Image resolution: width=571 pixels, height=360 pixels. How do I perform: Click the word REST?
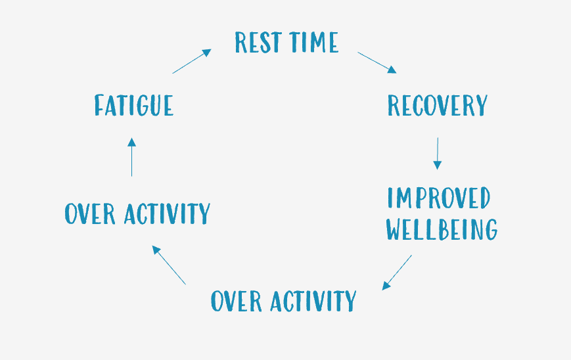coord(258,42)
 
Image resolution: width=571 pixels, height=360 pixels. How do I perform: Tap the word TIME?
coord(314,42)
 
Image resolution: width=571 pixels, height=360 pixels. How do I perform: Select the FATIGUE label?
coord(133,105)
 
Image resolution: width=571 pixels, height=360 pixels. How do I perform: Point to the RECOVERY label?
coord(438,105)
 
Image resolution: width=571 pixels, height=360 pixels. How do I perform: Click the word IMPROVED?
coord(439,198)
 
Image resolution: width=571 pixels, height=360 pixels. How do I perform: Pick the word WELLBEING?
coord(442,229)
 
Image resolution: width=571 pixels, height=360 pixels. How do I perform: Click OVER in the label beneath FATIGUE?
coord(90,214)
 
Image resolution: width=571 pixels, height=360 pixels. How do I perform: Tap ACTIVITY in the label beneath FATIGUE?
coord(167,214)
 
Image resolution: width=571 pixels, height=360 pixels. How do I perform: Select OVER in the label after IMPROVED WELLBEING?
coord(237,301)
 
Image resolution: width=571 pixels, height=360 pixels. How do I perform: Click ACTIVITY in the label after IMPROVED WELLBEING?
coord(313,301)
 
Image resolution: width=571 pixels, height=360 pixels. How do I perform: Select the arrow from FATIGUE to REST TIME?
coord(192,61)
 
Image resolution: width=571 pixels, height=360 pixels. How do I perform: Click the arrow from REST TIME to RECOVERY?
coord(377,62)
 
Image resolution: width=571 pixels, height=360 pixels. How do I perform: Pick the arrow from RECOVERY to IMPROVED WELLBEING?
coord(438,154)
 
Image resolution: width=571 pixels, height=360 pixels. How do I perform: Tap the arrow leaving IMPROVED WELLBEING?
coord(397,273)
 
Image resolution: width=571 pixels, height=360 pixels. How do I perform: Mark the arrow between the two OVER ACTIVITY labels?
coord(169,265)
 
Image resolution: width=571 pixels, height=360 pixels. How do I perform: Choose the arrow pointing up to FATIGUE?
coord(132,157)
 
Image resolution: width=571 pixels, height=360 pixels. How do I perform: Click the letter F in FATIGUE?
coord(99,105)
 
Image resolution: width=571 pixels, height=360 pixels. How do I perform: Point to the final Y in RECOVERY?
coord(482,105)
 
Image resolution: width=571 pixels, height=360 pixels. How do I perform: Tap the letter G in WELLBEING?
coord(491,229)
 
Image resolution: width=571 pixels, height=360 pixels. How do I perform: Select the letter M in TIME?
coord(318,42)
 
